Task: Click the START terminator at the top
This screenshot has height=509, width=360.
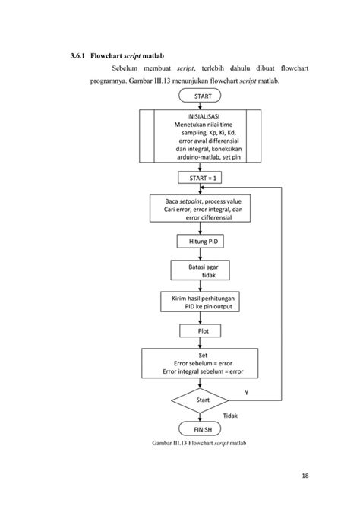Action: tap(200, 96)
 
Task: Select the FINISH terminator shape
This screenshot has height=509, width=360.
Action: tap(200, 428)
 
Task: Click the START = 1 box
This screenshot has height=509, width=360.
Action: tap(200, 178)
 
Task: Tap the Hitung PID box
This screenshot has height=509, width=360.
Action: tap(200, 241)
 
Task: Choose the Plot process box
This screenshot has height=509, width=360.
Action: tap(200, 330)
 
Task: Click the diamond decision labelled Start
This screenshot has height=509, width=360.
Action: tap(200, 400)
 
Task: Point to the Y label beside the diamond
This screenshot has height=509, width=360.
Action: tap(247, 393)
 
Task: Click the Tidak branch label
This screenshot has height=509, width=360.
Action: tap(230, 416)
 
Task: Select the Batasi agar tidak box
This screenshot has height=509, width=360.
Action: tap(200, 270)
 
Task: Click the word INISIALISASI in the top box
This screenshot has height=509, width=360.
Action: tap(204, 116)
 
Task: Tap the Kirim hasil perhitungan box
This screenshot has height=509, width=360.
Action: tap(200, 302)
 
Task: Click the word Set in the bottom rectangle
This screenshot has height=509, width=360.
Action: tap(203, 355)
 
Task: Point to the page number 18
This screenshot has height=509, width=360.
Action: tap(305, 476)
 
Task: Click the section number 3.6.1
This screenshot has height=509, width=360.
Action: tap(77, 55)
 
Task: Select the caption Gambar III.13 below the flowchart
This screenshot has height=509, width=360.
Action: tap(199, 443)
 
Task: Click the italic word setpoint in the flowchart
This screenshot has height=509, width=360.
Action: tap(191, 201)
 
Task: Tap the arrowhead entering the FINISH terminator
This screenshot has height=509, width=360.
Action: tap(200, 419)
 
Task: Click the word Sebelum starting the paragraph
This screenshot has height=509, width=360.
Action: tap(125, 68)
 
